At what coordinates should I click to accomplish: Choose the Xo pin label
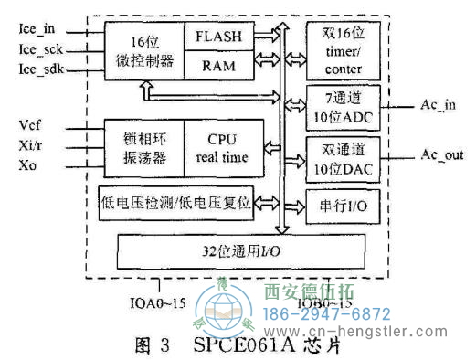point(27,164)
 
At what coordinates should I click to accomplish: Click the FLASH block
point(217,37)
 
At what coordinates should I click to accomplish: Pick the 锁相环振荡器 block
point(143,147)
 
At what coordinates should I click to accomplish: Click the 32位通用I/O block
point(241,249)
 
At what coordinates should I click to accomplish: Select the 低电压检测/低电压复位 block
point(174,201)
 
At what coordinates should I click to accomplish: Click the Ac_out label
point(439,155)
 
